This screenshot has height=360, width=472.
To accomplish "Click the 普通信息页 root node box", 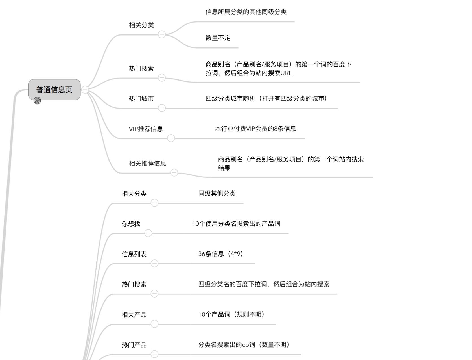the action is (x=54, y=90).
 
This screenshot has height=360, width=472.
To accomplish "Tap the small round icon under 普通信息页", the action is (x=37, y=101).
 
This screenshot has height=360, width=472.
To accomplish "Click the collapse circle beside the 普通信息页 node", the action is (x=85, y=90).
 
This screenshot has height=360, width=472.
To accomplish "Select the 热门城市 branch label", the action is (x=141, y=99).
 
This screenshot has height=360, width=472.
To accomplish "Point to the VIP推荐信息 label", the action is (x=146, y=129).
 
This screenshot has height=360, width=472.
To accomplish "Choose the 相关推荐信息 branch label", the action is (x=148, y=163).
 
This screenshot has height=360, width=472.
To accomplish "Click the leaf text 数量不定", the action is (x=218, y=38).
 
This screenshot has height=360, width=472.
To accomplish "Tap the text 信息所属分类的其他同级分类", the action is (x=246, y=12).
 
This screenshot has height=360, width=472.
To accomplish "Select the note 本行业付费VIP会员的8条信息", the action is (x=255, y=129).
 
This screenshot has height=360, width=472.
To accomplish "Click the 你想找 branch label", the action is (x=131, y=224).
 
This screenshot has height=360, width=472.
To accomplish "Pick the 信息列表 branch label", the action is (x=134, y=254).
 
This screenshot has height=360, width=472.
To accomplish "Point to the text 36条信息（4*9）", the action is (x=221, y=254).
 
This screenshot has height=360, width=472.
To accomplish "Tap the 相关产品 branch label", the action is (x=134, y=315).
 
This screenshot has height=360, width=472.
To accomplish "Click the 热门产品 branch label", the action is (x=134, y=345).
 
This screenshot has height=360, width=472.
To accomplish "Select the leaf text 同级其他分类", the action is (x=217, y=194).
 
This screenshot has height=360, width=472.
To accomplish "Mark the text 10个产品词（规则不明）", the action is (x=231, y=315).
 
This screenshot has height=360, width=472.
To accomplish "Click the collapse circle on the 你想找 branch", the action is (x=148, y=233).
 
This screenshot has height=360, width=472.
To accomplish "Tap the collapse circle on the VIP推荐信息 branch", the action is (x=171, y=138).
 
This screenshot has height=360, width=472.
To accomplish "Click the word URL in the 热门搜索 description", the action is (x=286, y=73).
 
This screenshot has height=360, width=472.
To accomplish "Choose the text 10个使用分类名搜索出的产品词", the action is (x=236, y=224).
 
